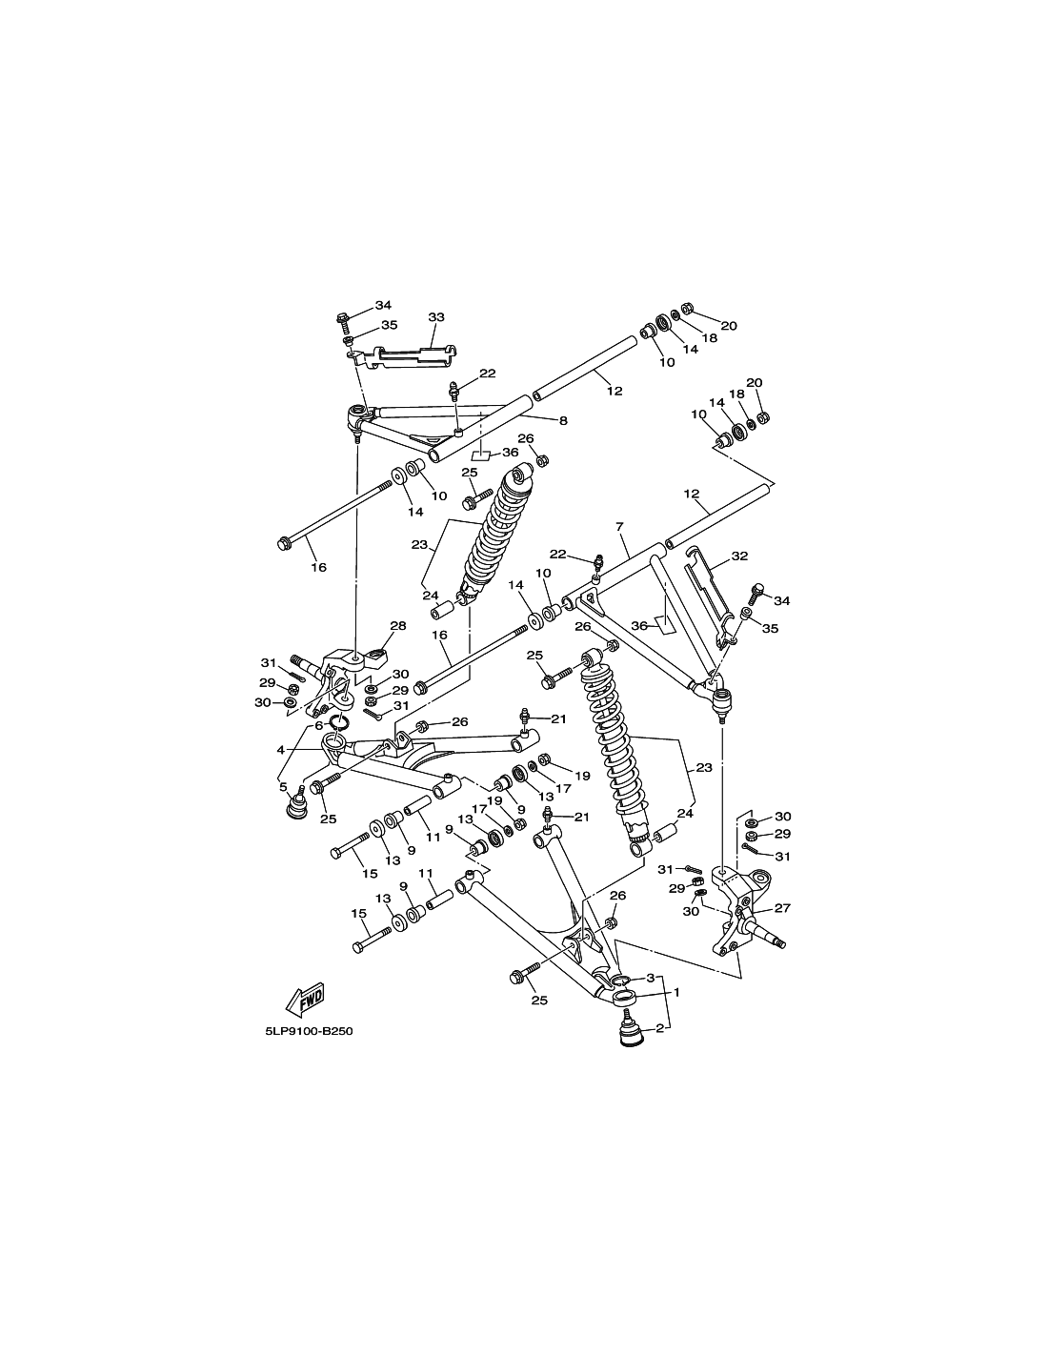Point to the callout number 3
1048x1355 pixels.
point(651,977)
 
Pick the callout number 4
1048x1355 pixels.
point(280,750)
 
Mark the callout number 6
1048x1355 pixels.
point(318,725)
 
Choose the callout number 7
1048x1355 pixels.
point(619,527)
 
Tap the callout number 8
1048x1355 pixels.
point(563,421)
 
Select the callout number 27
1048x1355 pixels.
point(782,908)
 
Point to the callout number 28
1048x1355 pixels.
point(397,625)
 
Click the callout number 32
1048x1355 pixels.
point(739,556)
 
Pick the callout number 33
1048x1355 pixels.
point(436,316)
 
